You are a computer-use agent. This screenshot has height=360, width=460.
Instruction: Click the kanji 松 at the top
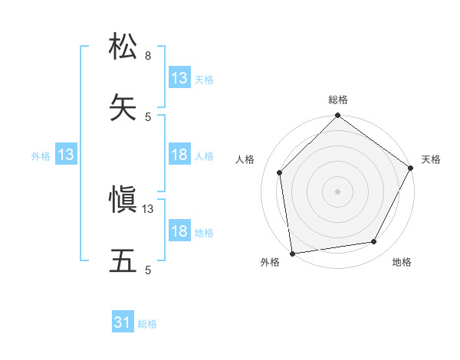(123, 45)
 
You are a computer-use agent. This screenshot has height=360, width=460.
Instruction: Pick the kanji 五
(123, 261)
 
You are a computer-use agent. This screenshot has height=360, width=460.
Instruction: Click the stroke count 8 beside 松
(148, 56)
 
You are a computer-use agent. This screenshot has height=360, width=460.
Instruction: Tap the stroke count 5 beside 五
(148, 270)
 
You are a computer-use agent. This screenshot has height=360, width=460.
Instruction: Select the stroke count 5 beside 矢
(148, 116)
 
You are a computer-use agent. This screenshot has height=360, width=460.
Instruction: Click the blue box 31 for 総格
(123, 323)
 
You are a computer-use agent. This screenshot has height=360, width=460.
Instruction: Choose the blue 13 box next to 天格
(179, 78)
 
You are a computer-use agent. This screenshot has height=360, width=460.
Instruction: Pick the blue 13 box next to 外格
(66, 155)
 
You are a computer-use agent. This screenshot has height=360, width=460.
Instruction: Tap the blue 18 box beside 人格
(179, 155)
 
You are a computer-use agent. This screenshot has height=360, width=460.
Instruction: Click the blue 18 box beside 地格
(179, 231)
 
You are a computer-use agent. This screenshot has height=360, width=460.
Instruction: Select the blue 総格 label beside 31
(147, 324)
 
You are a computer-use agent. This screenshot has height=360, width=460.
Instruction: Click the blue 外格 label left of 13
(41, 156)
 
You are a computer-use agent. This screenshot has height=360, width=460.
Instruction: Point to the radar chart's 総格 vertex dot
(337, 116)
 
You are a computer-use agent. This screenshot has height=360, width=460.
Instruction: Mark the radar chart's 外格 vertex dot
(292, 253)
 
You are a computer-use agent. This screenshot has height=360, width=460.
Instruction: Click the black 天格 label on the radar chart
(431, 159)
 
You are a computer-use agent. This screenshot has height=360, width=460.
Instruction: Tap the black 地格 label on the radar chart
(402, 263)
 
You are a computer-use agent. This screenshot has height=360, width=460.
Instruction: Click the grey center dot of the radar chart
(337, 191)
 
